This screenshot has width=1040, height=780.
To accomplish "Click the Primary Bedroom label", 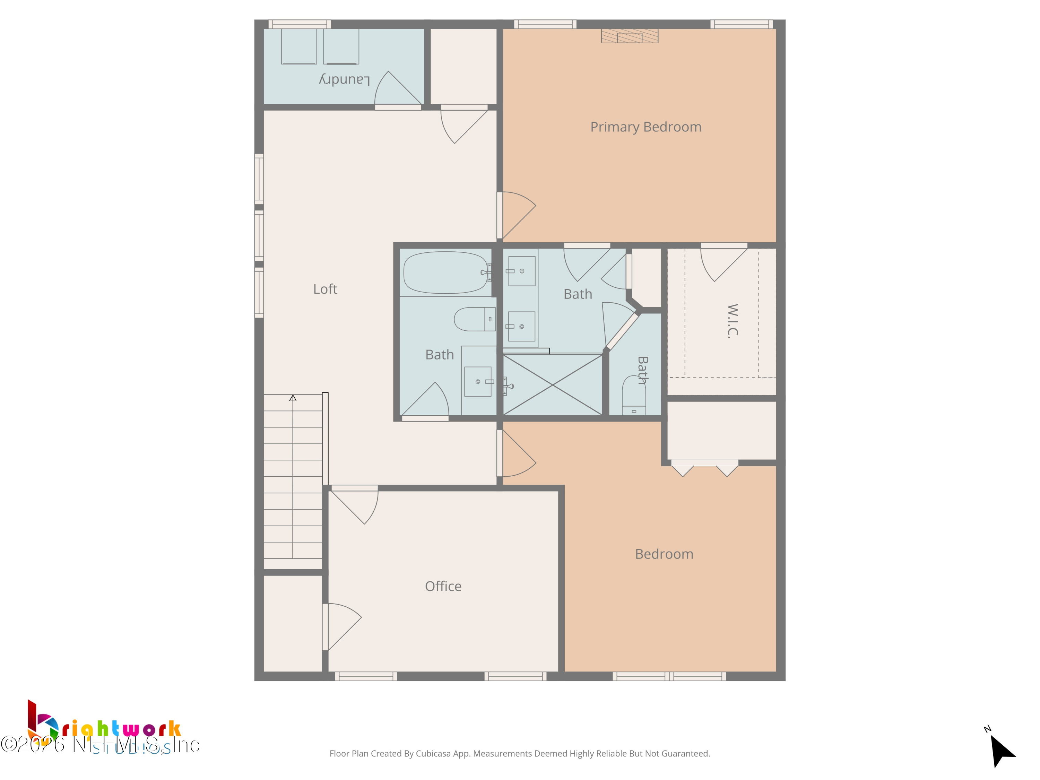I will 645,127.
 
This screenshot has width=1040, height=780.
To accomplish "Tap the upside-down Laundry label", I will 345,79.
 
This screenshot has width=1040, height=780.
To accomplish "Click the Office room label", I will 443,586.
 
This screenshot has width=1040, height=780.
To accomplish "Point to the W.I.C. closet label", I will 733,321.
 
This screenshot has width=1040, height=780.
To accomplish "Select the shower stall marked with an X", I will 553,384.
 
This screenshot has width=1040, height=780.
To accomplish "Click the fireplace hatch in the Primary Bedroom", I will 630,36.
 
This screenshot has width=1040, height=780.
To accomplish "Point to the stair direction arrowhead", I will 293,398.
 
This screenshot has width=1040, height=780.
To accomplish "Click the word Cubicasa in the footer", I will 433,754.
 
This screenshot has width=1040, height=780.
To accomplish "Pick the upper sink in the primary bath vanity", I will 521,271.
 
